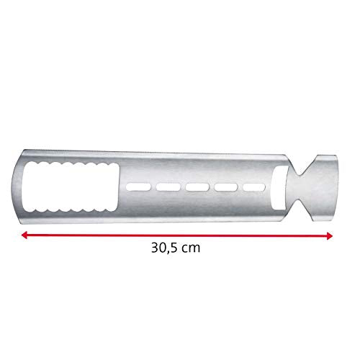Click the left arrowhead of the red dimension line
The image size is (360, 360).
point(24,235)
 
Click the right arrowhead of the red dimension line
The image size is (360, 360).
point(330,235)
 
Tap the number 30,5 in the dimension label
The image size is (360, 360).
point(165,248)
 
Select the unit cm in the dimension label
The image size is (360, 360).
point(191,248)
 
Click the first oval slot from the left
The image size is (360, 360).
point(138,187)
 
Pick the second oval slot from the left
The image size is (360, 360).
point(168,187)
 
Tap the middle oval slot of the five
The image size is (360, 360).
point(197,187)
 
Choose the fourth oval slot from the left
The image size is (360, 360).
point(226,187)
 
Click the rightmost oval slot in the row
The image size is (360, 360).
point(254,187)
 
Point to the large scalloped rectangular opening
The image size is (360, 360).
point(71,187)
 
